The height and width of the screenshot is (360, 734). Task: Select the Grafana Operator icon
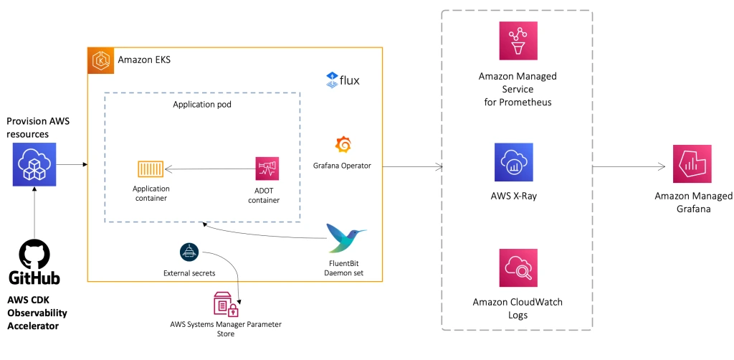[343, 144]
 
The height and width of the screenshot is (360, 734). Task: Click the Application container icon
[151, 169]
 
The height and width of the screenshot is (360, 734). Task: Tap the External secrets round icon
[189, 252]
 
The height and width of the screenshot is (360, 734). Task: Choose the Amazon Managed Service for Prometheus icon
[518, 41]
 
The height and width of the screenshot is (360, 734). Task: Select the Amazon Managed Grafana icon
[692, 164]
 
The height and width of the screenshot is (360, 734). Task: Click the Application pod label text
[201, 104]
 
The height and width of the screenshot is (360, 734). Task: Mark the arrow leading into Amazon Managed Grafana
[629, 167]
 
